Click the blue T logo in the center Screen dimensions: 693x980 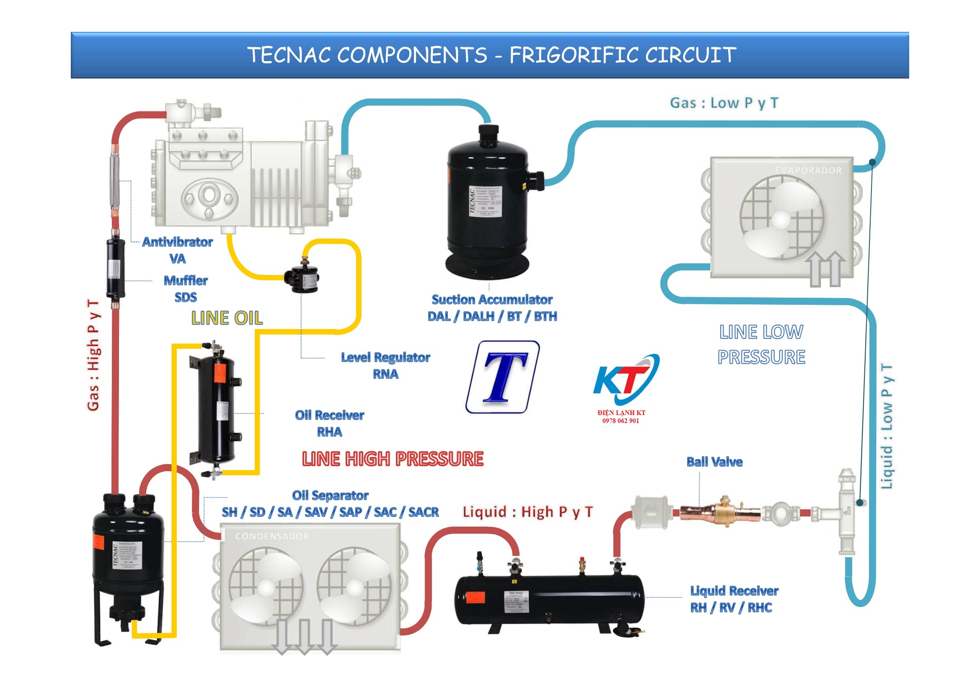503,377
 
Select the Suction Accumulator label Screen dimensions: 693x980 492,300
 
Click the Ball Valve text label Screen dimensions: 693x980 714,462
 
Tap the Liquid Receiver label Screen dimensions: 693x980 734,591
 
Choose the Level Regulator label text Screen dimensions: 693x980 385,357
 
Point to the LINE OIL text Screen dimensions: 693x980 227,318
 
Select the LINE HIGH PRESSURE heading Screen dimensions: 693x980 393,459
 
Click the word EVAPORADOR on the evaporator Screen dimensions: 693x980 808,170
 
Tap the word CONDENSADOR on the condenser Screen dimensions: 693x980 272,536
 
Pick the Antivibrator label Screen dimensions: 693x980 178,242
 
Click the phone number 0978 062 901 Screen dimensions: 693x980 621,420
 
